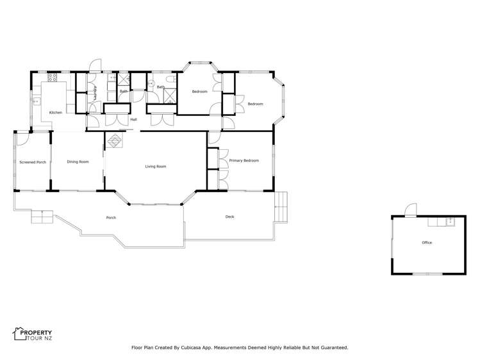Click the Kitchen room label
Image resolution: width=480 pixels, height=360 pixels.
(56, 113)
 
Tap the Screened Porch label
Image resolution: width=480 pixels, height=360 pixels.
(32, 162)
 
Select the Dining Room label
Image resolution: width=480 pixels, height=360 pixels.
(78, 161)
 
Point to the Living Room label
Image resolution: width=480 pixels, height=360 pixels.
(156, 167)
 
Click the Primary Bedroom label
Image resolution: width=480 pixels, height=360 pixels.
(244, 160)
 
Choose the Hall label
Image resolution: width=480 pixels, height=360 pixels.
(133, 120)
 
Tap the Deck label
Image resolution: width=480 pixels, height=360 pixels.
(229, 217)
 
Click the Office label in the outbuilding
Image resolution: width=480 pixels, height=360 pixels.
(427, 243)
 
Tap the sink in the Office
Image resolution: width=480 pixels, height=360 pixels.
(450, 222)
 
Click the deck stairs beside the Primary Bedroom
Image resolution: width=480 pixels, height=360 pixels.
(280, 204)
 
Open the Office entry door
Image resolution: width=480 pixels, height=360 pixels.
(411, 209)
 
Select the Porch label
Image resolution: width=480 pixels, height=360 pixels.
(110, 218)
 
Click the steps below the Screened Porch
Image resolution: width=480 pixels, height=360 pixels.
(40, 217)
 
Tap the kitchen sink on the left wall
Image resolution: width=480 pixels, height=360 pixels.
(37, 101)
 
